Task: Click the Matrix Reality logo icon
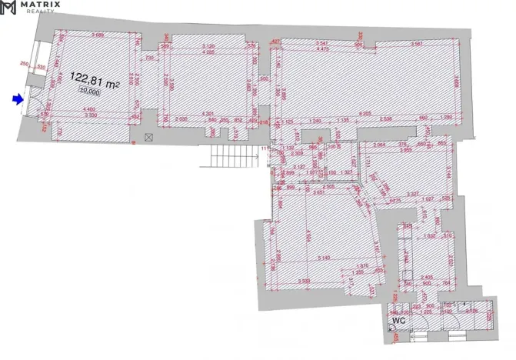8,8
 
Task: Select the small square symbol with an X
149,137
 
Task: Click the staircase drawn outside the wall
231,156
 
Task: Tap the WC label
399,318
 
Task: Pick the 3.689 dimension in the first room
97,35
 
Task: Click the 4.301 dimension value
207,114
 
